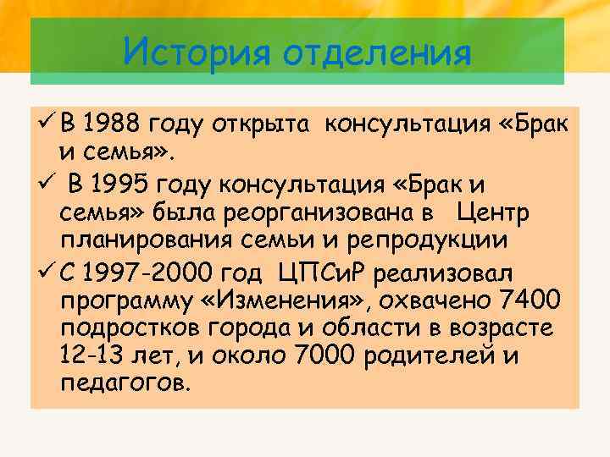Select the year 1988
coord(113,126)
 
